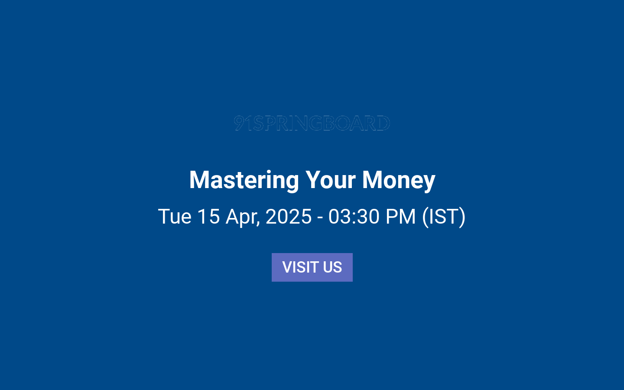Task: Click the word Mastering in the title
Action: [244, 180]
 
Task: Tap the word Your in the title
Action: [330, 180]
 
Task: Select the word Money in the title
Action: [399, 180]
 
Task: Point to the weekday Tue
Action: [175, 216]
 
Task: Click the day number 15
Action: [208, 216]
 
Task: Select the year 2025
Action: [289, 216]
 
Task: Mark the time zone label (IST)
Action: [444, 216]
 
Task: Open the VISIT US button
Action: [312, 267]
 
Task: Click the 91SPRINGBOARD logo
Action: [312, 123]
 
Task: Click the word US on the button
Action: [333, 267]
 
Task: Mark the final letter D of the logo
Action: [383, 123]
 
